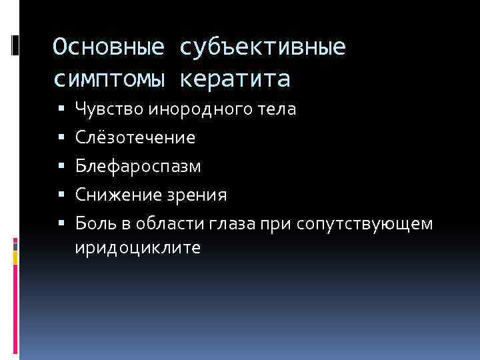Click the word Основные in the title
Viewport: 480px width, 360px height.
[x=109, y=47]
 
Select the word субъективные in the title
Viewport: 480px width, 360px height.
[x=263, y=47]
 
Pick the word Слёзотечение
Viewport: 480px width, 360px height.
[x=135, y=137]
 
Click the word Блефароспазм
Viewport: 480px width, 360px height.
[x=137, y=166]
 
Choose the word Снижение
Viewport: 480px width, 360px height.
[x=111, y=195]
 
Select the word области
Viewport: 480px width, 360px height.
[x=156, y=223]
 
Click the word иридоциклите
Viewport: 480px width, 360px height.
[x=137, y=248]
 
